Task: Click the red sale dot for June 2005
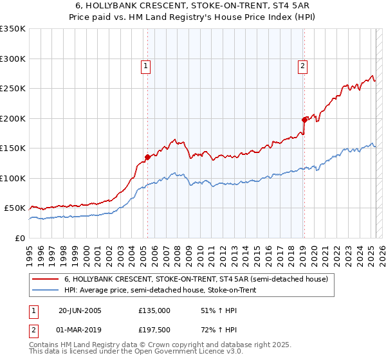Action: pyautogui.click(x=147, y=157)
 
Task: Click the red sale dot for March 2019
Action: pyautogui.click(x=304, y=119)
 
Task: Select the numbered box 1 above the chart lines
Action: pyautogui.click(x=146, y=65)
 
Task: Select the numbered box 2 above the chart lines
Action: pyautogui.click(x=302, y=65)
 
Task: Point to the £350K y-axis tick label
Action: pyautogui.click(x=13, y=29)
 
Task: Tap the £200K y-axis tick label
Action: pyautogui.click(x=13, y=118)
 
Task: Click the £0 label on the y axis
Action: pyautogui.click(x=20, y=238)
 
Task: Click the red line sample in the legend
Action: pyautogui.click(x=46, y=280)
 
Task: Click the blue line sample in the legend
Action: pyautogui.click(x=46, y=291)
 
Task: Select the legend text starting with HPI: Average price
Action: pyautogui.click(x=160, y=291)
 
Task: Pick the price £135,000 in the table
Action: pyautogui.click(x=154, y=310)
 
